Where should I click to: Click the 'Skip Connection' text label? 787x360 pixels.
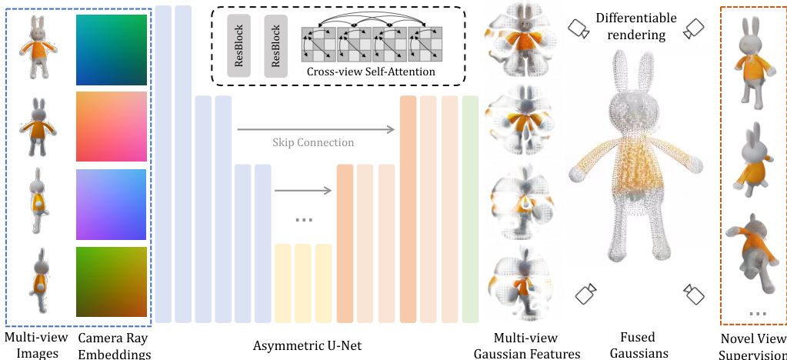click(313, 142)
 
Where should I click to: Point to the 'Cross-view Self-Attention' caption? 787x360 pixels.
click(370, 72)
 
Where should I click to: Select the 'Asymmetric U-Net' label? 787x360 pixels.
click(307, 345)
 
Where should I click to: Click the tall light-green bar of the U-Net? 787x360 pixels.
click(470, 209)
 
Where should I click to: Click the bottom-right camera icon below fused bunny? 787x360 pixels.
click(694, 293)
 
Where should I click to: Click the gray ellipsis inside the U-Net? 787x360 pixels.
click(304, 220)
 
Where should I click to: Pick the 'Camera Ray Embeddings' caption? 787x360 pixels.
click(114, 345)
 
